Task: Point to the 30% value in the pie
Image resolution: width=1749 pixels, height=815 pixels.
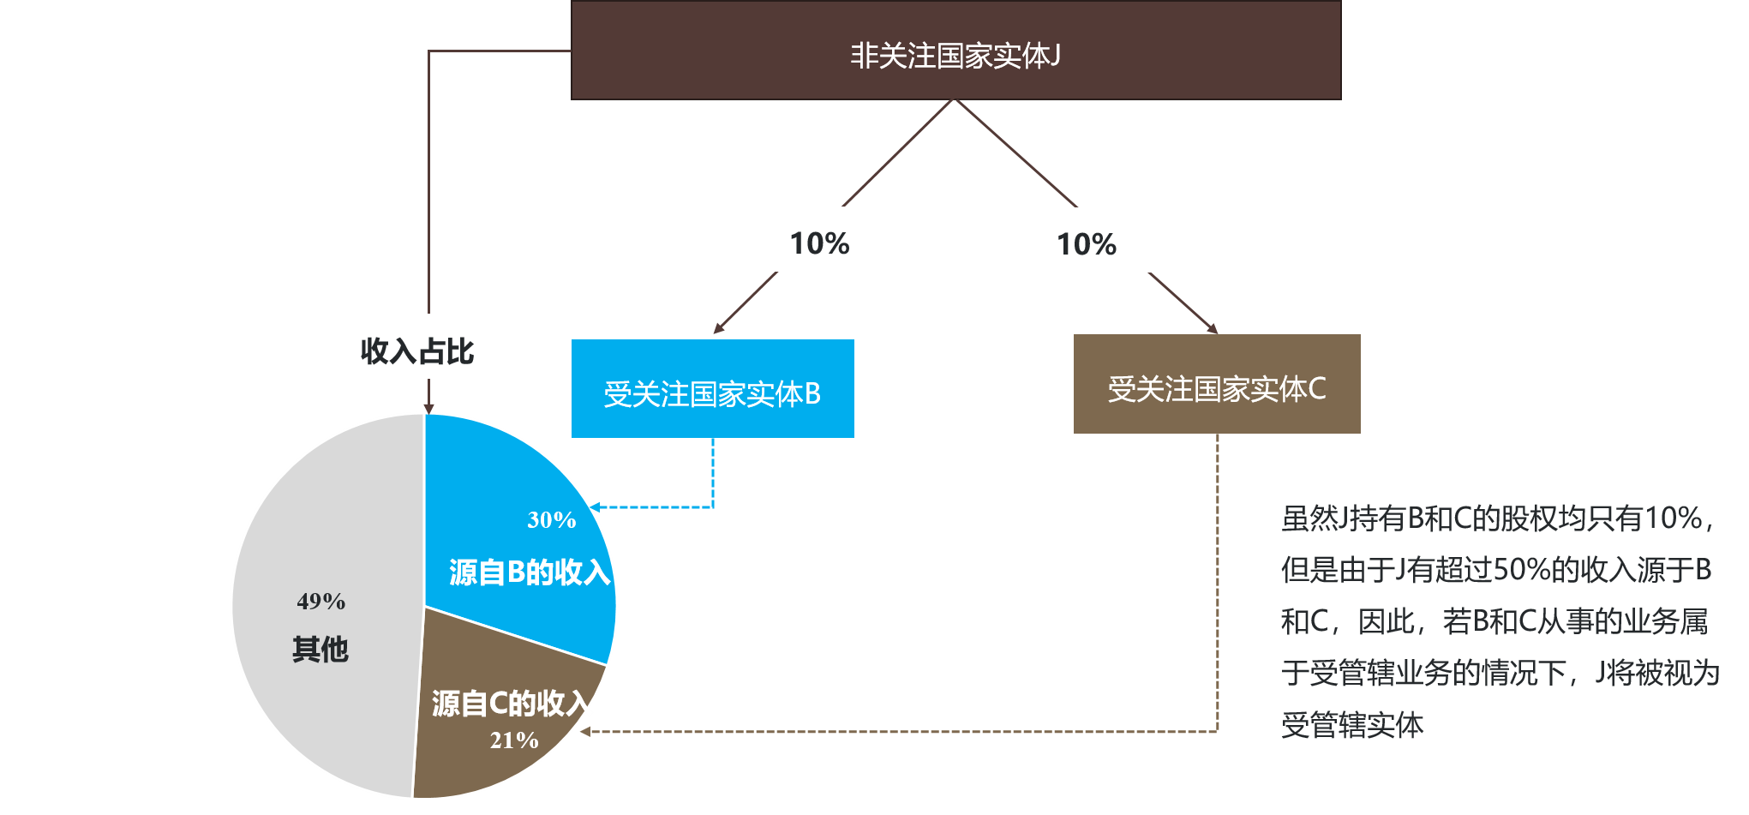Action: (551, 520)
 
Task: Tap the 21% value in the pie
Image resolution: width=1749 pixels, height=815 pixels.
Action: (514, 740)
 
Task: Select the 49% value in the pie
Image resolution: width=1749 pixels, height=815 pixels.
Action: (321, 602)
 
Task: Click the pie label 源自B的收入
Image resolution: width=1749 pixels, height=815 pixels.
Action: (530, 572)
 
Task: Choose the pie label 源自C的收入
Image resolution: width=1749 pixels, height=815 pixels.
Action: (512, 704)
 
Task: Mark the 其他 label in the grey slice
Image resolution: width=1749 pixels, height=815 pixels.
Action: (320, 649)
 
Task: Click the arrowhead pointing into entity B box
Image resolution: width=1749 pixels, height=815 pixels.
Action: (718, 327)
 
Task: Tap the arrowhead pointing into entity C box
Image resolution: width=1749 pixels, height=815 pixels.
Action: (1213, 328)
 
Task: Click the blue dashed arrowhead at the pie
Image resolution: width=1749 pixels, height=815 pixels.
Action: (595, 507)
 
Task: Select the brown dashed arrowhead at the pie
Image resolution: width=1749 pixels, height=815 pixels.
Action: (584, 732)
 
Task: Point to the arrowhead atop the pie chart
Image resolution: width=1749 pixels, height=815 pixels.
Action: (428, 409)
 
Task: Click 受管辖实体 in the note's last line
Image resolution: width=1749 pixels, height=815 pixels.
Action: (1352, 725)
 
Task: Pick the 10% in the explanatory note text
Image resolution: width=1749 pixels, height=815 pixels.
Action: (1673, 518)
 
